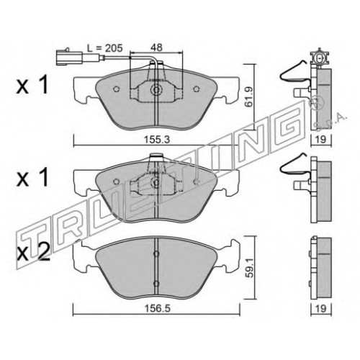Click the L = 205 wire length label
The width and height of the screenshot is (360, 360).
[x=105, y=48]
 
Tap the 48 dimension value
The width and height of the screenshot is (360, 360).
[x=156, y=48]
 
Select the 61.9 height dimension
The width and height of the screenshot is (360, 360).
[x=248, y=96]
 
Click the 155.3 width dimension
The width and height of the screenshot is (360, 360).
[x=156, y=140]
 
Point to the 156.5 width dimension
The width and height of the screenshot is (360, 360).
[x=157, y=308]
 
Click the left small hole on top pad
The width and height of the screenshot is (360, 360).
[x=116, y=89]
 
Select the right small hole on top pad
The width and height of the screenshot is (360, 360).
[x=197, y=89]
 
